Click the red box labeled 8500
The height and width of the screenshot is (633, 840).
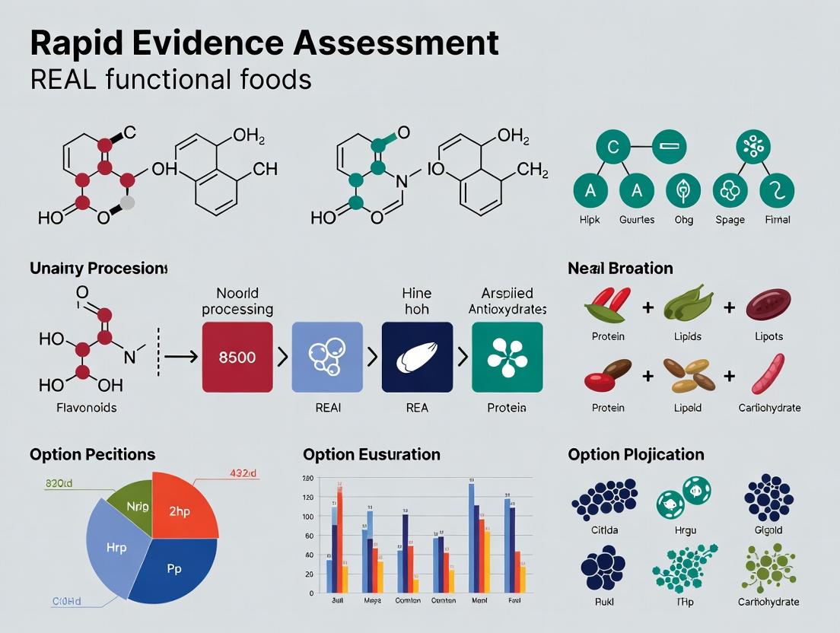point(237,357)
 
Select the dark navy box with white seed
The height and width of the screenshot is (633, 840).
point(417,357)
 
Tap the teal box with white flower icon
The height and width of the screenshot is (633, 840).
point(507,357)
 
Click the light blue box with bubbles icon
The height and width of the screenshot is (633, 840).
point(327,357)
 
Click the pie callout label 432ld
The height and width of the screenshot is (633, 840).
point(243,473)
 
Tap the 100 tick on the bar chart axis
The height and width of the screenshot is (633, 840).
point(308,517)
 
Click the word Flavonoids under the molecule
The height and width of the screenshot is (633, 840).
point(87,408)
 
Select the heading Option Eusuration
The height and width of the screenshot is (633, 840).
point(371,454)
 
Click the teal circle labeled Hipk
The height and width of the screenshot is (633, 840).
point(590,190)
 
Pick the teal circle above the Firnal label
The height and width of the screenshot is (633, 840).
point(776,190)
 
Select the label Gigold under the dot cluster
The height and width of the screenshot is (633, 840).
point(768,530)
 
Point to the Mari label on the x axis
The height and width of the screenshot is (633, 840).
point(479,600)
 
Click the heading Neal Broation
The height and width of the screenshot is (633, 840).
point(620,268)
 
